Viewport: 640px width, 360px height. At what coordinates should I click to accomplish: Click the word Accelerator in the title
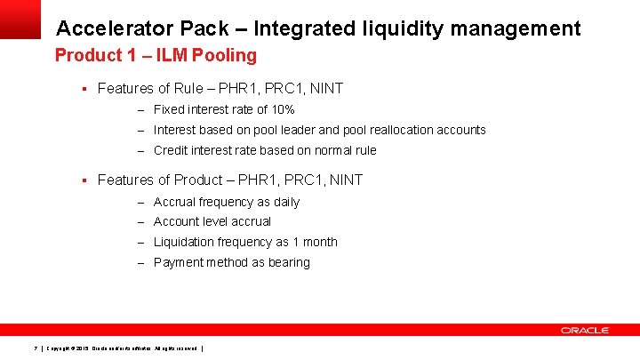pyautogui.click(x=111, y=28)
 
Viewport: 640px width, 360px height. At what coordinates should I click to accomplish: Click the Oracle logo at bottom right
pyautogui.click(x=584, y=330)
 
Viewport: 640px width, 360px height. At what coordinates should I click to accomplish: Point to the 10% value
pyautogui.click(x=283, y=109)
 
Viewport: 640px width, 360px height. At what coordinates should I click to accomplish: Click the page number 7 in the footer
pyautogui.click(x=34, y=347)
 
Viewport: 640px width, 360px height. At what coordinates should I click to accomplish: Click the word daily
pyautogui.click(x=284, y=202)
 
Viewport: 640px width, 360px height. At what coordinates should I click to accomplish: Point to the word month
pyautogui.click(x=319, y=242)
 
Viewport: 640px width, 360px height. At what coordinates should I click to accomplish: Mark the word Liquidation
pyautogui.click(x=184, y=242)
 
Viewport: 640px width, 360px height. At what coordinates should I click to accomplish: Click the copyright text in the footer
pyautogui.click(x=124, y=347)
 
